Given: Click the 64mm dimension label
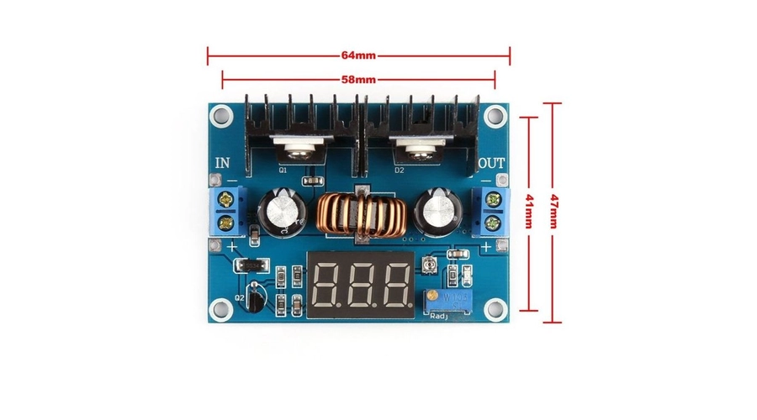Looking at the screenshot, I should tap(358, 56).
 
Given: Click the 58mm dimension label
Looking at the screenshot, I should tap(358, 80).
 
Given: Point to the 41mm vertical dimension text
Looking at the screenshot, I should tap(529, 212).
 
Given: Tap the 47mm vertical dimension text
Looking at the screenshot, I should tap(553, 211).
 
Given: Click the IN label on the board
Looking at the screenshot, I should tap(224, 162).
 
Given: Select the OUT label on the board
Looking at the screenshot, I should tap(493, 162).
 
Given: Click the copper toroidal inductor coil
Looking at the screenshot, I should tap(363, 218).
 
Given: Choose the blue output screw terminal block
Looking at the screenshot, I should tap(492, 212).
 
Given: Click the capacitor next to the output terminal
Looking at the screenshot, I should tap(440, 212).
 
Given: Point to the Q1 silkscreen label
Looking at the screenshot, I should tap(283, 169).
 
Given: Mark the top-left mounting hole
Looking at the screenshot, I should tap(220, 113).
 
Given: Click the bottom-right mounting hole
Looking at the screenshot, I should tap(498, 308).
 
